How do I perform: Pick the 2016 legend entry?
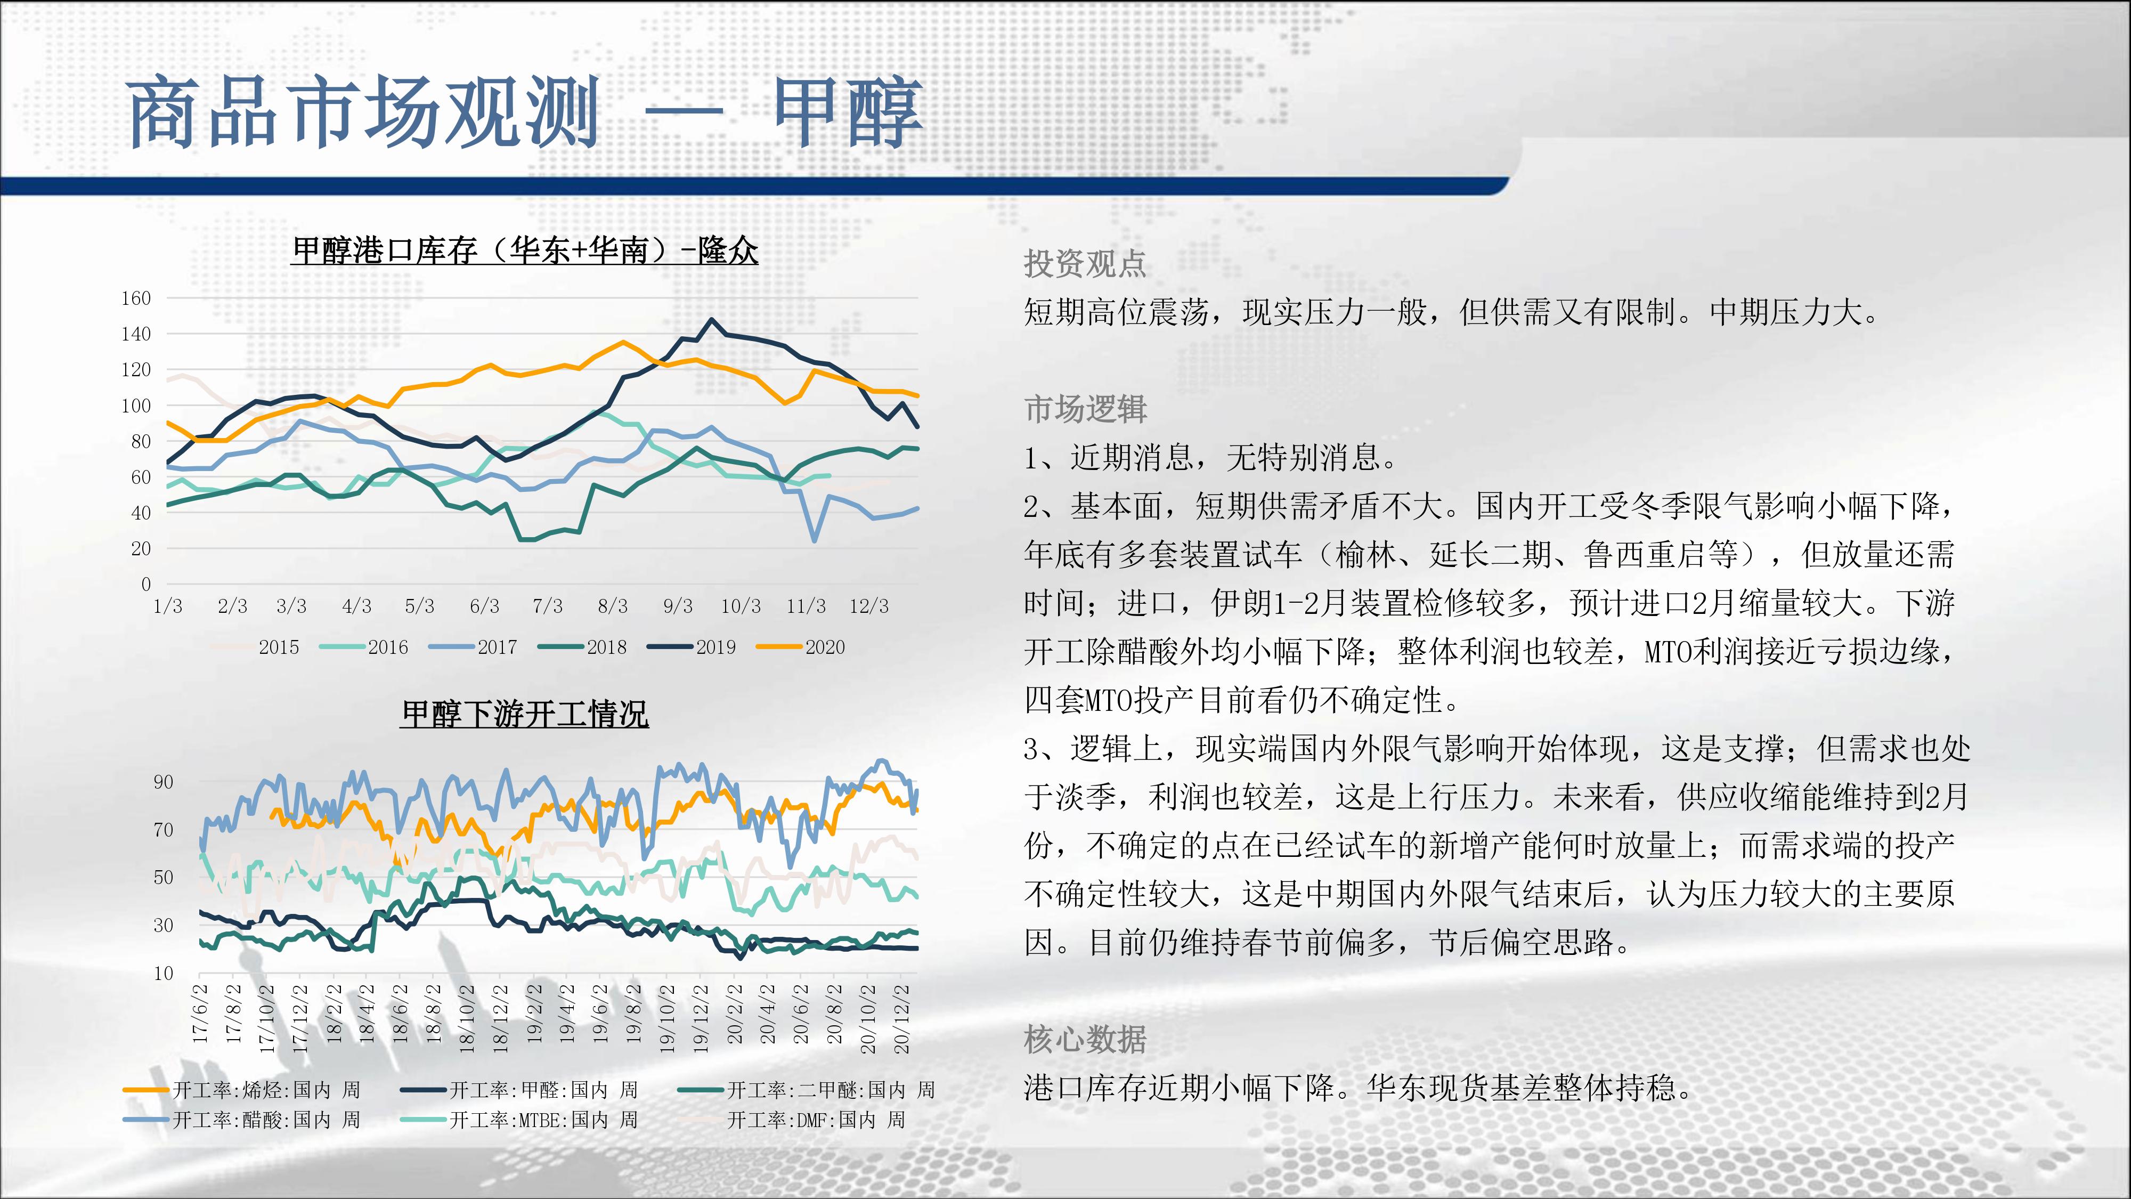[x=364, y=647]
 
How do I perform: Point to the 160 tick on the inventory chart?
[x=136, y=298]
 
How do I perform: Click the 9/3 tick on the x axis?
[x=678, y=606]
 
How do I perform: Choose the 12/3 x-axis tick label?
[x=868, y=606]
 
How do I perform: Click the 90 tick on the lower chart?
[x=163, y=782]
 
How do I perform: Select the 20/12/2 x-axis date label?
[x=902, y=1018]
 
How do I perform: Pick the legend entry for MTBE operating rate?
[x=519, y=1120]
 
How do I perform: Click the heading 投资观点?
[x=1085, y=264]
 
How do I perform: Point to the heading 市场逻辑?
[x=1085, y=409]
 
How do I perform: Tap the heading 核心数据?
[x=1085, y=1039]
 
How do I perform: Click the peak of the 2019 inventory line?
[x=711, y=319]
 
